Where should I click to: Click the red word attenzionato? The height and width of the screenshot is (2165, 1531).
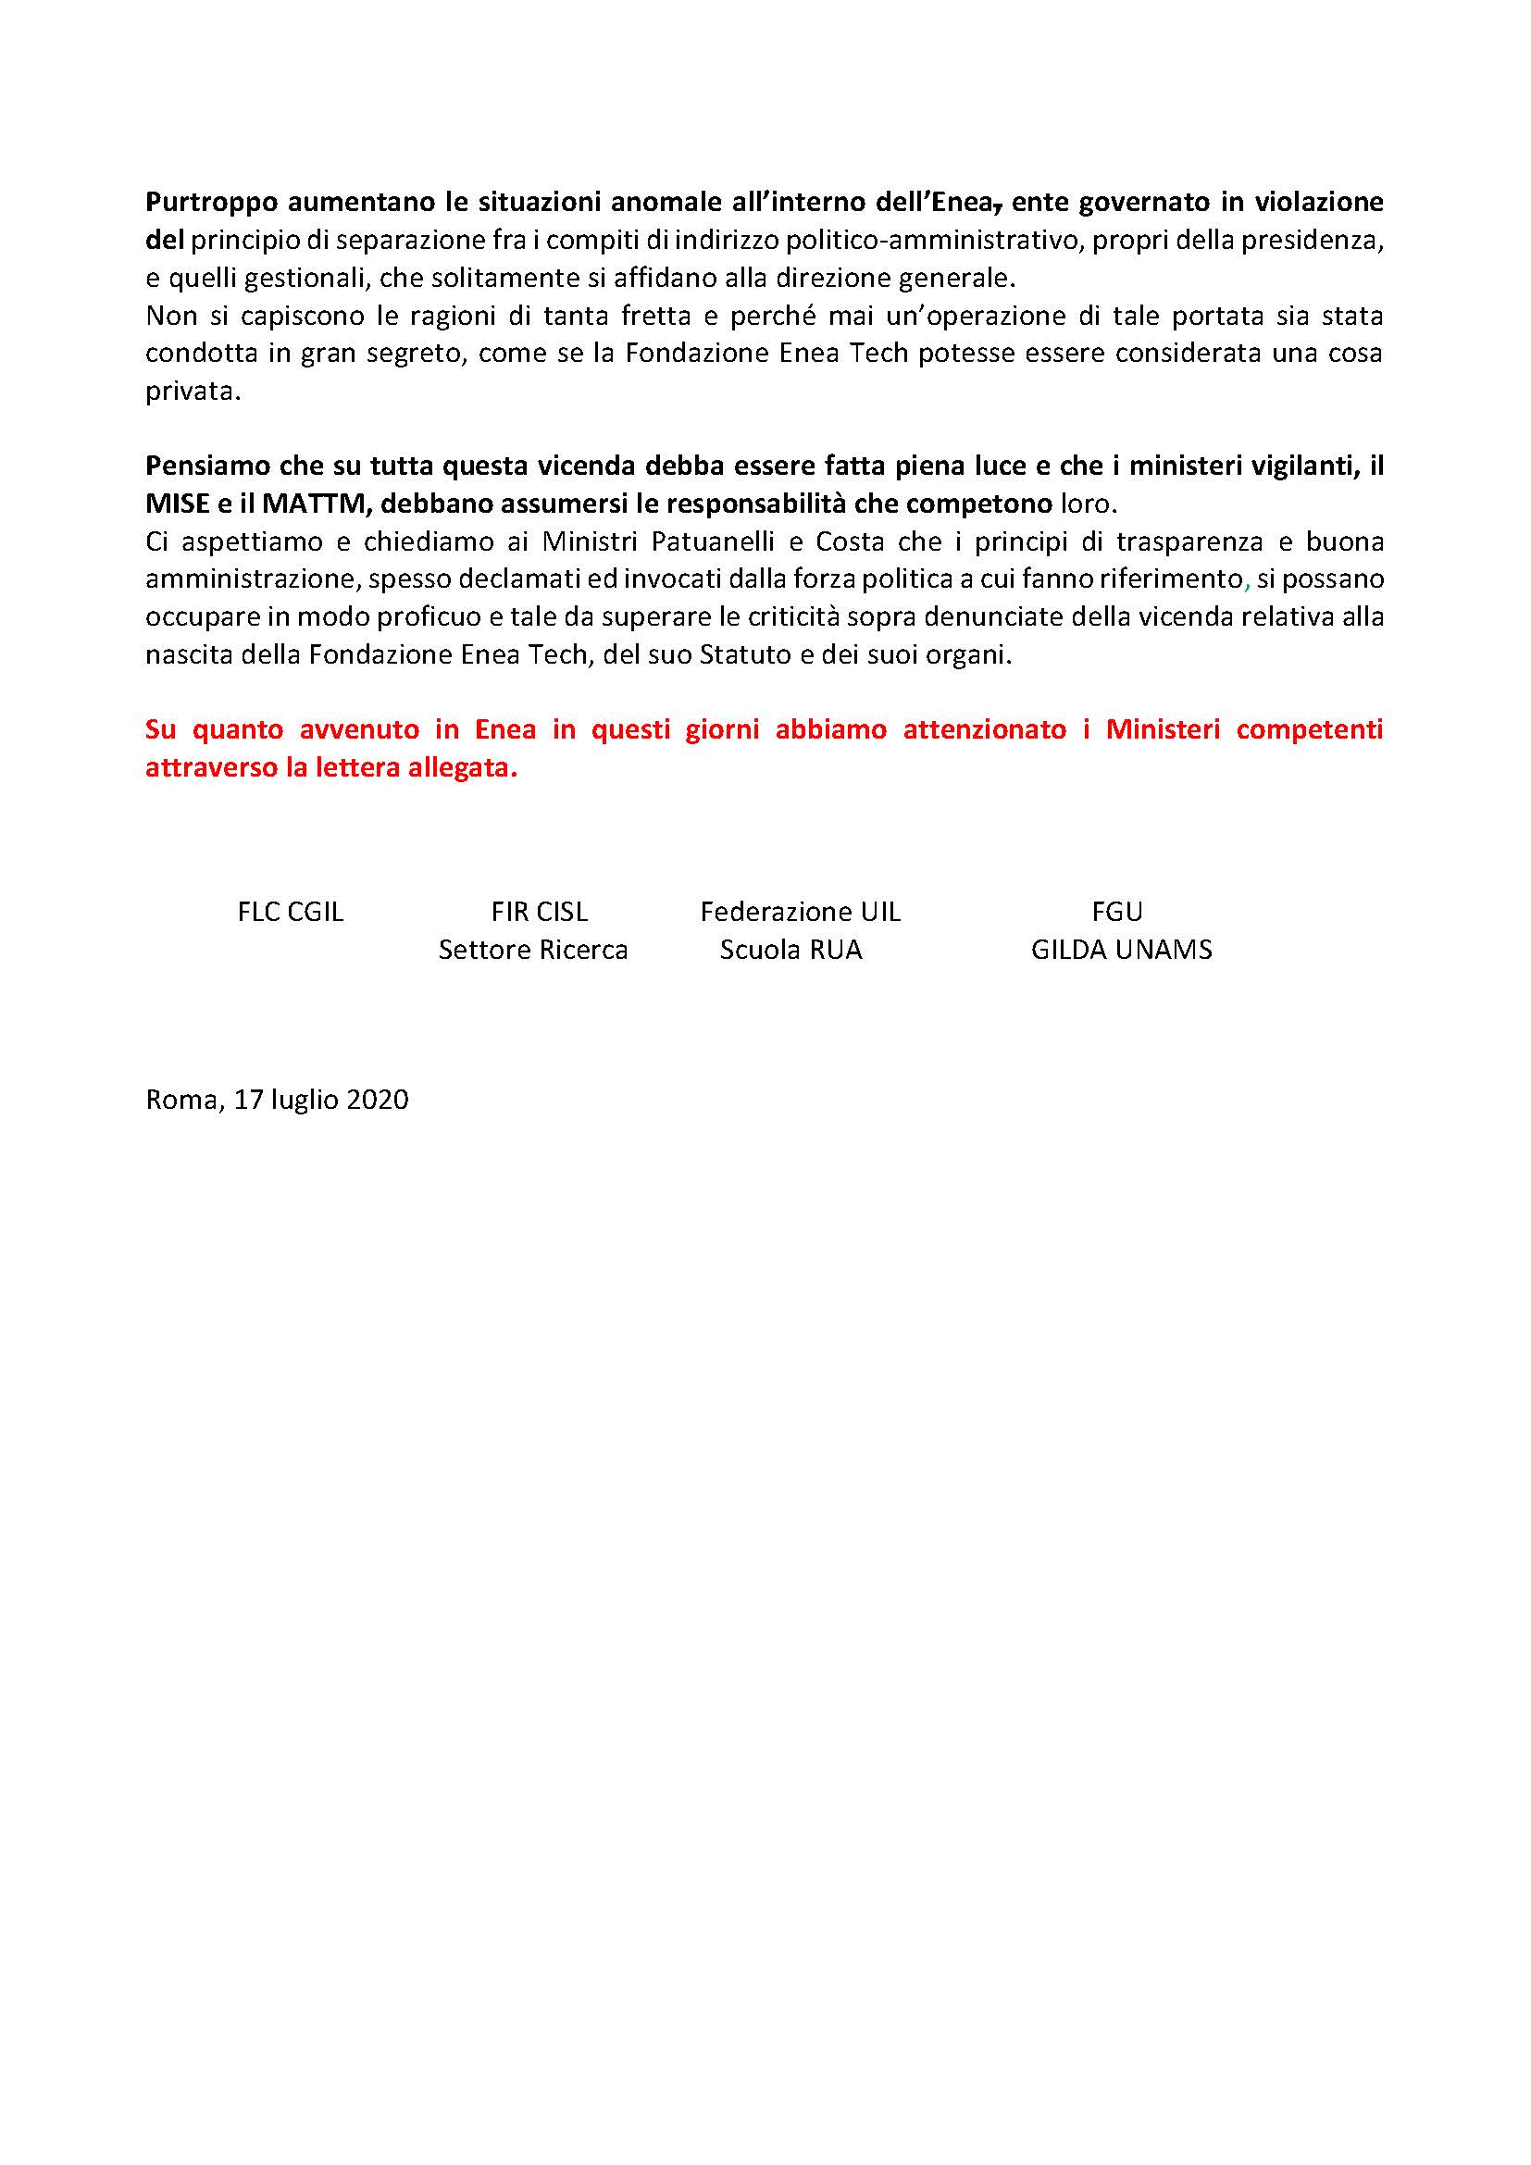984,731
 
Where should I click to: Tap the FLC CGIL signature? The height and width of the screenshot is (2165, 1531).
291,912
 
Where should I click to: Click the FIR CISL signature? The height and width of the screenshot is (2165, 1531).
540,912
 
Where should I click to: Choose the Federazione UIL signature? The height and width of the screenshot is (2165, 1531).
801,912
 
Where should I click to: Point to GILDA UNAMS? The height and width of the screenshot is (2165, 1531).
1121,950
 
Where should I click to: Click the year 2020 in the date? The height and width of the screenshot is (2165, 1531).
377,1100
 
